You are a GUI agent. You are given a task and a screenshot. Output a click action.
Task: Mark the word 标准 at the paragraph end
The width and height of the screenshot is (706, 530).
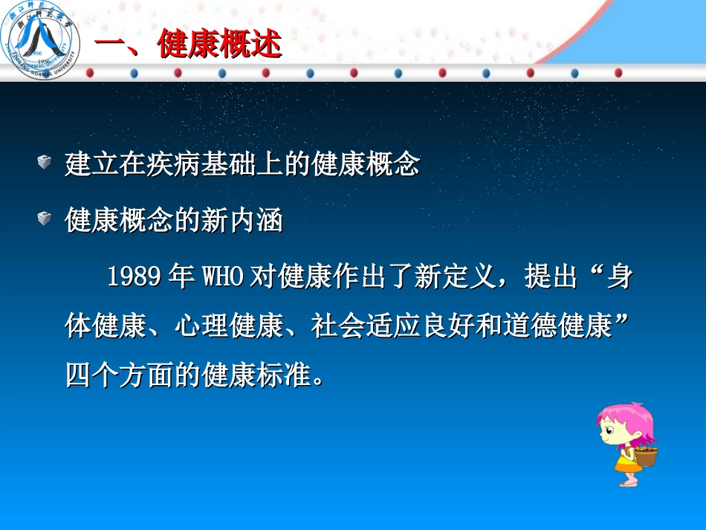tap(284, 375)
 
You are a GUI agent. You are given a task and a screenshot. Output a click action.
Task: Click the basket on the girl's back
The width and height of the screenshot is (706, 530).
tap(646, 454)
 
